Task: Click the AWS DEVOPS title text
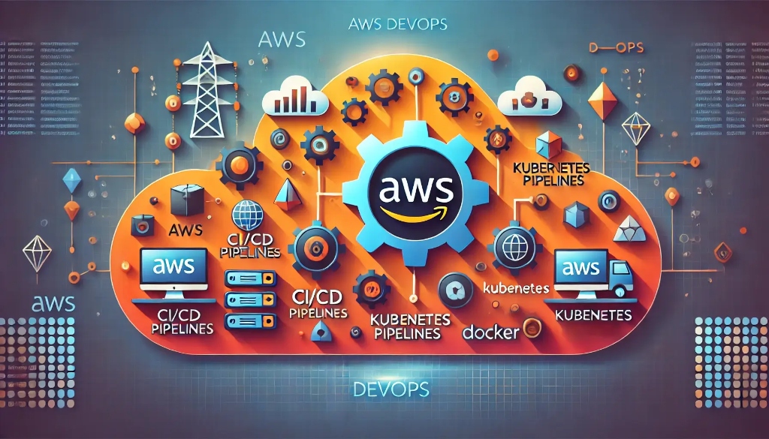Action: (x=398, y=24)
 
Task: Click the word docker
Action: (x=490, y=331)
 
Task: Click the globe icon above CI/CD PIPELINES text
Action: (x=248, y=215)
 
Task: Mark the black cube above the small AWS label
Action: (x=187, y=201)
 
